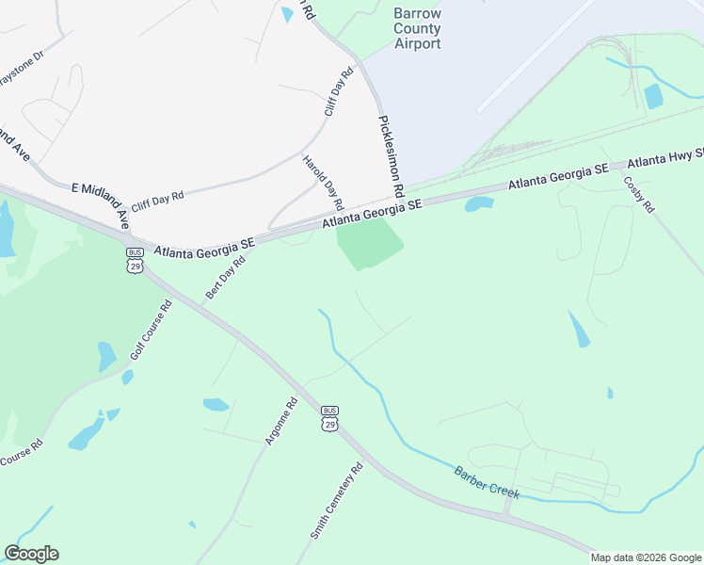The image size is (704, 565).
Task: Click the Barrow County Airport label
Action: pyautogui.click(x=418, y=29)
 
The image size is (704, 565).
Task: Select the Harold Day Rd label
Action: pyautogui.click(x=323, y=182)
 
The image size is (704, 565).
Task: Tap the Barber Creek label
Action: pyautogui.click(x=487, y=482)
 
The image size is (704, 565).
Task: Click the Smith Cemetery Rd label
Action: pyautogui.click(x=336, y=501)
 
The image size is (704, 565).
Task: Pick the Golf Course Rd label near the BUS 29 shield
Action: pyautogui.click(x=151, y=334)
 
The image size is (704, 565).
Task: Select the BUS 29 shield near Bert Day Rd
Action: pyautogui.click(x=134, y=259)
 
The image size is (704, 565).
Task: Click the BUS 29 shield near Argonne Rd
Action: pyautogui.click(x=329, y=417)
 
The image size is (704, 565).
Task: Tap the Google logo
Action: pyautogui.click(x=31, y=554)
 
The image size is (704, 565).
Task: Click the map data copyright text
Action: pyautogui.click(x=646, y=557)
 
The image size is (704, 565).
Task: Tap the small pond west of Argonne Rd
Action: pyautogui.click(x=216, y=405)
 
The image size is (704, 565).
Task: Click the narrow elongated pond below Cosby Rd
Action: pyautogui.click(x=578, y=328)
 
